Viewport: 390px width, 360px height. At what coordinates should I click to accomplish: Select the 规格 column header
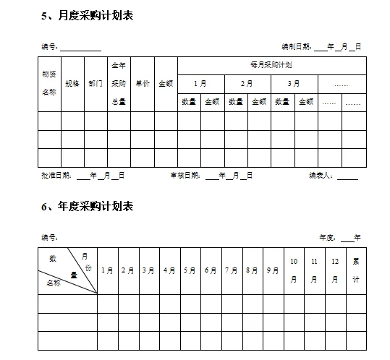tap(72, 84)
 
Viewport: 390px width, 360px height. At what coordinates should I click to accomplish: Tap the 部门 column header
tap(96, 84)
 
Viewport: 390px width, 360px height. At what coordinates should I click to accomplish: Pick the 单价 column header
tap(142, 84)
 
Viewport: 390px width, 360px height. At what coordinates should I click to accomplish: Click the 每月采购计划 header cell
tap(271, 65)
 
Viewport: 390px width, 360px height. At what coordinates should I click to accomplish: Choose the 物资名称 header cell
tap(49, 83)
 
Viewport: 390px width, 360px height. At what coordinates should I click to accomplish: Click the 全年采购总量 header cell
tap(119, 83)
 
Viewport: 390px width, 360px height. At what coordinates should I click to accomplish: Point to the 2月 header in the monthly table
tap(247, 84)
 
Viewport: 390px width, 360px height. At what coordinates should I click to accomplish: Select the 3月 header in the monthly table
tap(293, 84)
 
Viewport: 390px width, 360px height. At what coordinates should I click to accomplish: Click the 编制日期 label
tap(296, 47)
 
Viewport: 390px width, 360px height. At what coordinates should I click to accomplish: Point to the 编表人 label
tap(321, 176)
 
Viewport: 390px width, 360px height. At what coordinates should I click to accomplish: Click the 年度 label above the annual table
tap(328, 237)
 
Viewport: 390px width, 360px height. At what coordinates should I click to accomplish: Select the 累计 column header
tap(355, 270)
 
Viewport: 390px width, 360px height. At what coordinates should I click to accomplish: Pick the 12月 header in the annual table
tap(335, 270)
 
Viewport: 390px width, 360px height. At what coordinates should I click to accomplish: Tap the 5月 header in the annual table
tap(190, 271)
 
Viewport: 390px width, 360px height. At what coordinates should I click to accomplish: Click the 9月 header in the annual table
tap(272, 271)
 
